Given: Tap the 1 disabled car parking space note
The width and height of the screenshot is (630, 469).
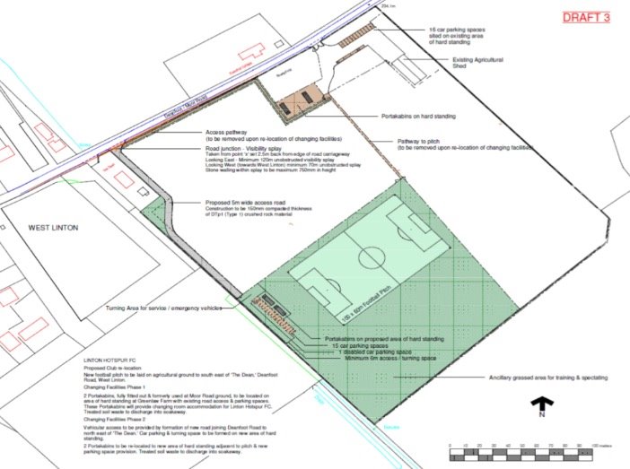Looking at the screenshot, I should click(363, 352).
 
